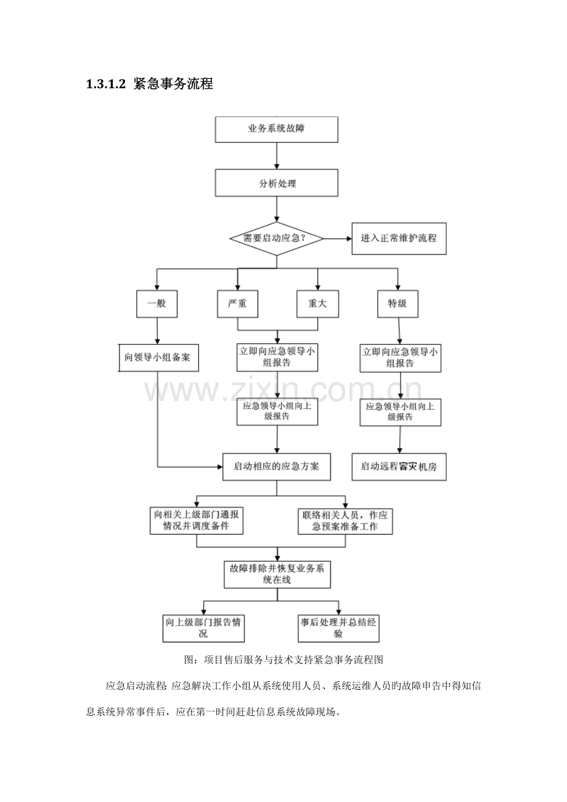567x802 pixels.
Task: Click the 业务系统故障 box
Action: click(276, 129)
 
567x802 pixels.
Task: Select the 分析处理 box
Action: click(276, 184)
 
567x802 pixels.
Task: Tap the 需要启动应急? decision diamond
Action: click(276, 238)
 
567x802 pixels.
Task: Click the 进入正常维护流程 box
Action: click(399, 238)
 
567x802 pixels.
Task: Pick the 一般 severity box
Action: click(157, 304)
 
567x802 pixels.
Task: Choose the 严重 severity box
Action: click(237, 304)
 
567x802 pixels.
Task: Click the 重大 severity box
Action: click(317, 304)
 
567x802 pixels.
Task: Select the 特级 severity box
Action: click(398, 304)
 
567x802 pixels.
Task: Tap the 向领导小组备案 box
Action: click(159, 357)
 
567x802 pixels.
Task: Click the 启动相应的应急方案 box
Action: click(277, 466)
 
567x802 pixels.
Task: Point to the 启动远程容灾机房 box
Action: click(399, 466)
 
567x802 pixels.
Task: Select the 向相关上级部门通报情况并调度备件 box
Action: click(196, 520)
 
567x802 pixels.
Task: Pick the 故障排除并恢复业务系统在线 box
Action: click(277, 574)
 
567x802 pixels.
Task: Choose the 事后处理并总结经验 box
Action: click(338, 628)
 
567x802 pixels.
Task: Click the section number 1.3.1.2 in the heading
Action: click(106, 84)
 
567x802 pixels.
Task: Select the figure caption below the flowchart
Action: click(284, 660)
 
